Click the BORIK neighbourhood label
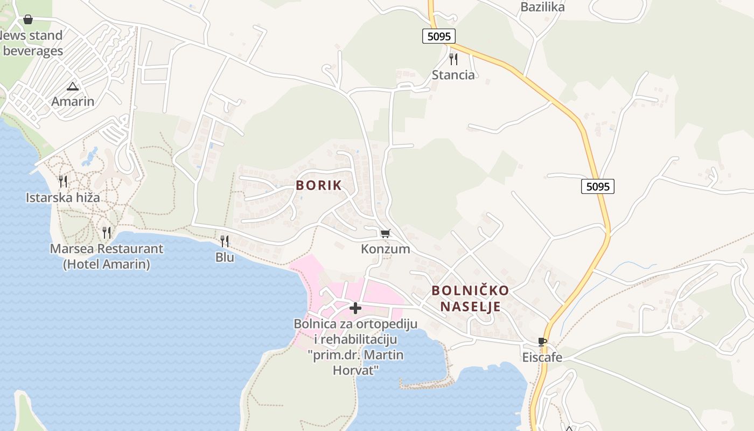point(319,185)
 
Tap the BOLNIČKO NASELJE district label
point(470,298)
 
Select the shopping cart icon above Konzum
point(385,233)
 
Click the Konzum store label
point(385,249)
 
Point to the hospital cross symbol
point(355,308)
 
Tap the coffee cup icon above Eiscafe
point(542,342)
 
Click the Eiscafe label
point(542,357)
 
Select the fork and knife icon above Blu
point(225,241)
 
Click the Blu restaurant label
point(225,257)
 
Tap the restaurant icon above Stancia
point(453,59)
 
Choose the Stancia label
point(453,75)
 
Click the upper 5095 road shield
point(439,36)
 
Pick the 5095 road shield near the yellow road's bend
point(598,186)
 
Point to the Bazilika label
point(542,7)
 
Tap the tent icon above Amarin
point(73,86)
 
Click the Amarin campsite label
point(73,101)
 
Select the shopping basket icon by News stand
point(28,20)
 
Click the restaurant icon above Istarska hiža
point(63,181)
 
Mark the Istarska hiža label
point(63,198)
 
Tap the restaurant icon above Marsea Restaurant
point(107,232)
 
